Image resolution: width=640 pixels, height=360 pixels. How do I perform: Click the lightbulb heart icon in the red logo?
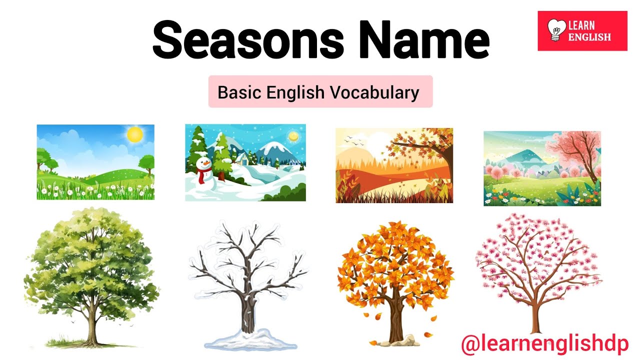555,30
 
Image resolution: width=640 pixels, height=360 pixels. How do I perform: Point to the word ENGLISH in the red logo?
590,36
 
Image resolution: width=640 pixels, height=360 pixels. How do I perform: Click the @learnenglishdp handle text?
544,344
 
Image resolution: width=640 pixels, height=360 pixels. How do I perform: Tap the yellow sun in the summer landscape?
134,134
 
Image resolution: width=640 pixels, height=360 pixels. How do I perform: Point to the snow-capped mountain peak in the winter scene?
273,146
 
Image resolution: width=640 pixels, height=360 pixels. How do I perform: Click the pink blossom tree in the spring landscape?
575,150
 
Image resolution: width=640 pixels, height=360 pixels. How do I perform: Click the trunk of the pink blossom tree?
536,315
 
